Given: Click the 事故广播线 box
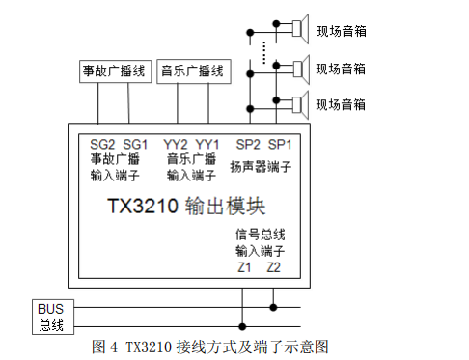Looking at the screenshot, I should (x=113, y=70).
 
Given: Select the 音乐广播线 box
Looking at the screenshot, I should (x=192, y=70).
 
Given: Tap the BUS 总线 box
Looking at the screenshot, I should (x=50, y=316).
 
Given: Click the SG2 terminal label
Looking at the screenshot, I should (x=102, y=143).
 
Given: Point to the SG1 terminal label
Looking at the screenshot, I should (x=135, y=143).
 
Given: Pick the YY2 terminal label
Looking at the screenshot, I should (x=177, y=143).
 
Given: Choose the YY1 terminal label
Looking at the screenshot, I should (x=208, y=143).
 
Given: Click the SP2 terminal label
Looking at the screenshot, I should (x=249, y=143).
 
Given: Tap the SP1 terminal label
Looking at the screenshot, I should (x=281, y=143).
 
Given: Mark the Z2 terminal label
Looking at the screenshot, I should (x=274, y=266).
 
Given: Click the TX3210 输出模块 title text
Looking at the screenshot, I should (x=186, y=207).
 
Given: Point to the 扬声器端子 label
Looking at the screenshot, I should (x=261, y=166).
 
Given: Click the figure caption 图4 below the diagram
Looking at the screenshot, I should (x=211, y=346).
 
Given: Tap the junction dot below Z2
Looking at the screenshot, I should (x=274, y=308).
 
